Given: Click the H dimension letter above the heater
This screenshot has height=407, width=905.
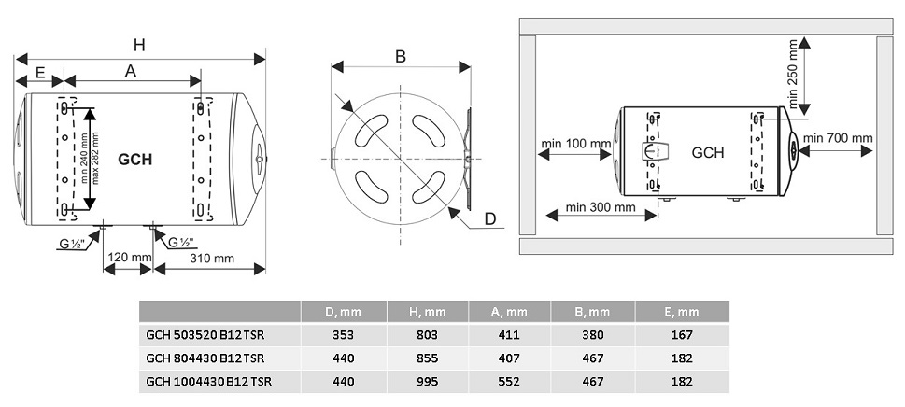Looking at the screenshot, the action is coord(139,45).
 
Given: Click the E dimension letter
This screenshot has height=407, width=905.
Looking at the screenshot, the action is coord(40,72).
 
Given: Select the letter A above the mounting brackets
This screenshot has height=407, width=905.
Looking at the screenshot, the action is coord(131,71).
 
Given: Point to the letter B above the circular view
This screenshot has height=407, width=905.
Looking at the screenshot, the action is coord(401,57).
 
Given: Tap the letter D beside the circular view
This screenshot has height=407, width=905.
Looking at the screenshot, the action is coord(490,218).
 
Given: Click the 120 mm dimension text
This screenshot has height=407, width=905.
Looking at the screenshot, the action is coord(128,257).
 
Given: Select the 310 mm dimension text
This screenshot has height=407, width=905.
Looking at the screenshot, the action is coord(212,259).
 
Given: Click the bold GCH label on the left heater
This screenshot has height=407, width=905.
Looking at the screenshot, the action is coord(135,160).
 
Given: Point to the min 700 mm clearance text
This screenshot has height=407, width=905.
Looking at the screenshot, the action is coord(838,138).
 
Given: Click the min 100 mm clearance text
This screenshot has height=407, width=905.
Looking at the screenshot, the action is coord(576,143).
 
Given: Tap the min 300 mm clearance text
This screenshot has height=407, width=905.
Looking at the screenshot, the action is coord(601,207).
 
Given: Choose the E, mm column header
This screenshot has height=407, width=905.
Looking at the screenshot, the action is coord(682,312).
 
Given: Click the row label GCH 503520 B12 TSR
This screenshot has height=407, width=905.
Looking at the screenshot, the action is coord(205,335).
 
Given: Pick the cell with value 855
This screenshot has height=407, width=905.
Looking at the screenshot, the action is coord(427,358).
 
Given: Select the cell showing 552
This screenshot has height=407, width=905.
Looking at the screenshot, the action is coord(509,381).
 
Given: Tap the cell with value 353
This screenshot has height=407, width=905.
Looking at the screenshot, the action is coord(344,335).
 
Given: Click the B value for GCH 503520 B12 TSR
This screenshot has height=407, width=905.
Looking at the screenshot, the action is coord(593,335).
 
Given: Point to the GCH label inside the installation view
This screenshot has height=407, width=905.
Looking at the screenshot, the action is coord(708,153).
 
